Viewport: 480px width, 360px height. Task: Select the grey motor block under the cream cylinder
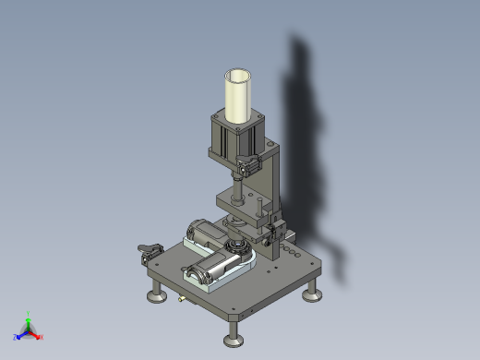click(x=234, y=138)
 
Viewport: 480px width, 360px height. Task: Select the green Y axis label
click(x=29, y=314)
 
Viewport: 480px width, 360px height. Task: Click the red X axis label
click(x=42, y=337)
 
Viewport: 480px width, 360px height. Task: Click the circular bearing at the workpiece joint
click(x=239, y=246)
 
